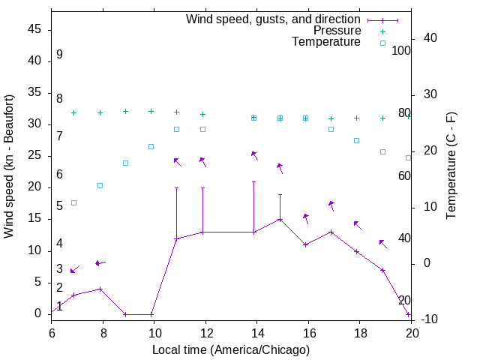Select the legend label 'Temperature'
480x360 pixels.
coord(326,43)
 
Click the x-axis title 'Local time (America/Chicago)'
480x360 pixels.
coord(231,350)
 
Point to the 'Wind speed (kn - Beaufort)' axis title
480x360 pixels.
coord(9,166)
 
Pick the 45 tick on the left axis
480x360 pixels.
coord(34,30)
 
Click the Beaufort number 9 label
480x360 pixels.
coord(59,55)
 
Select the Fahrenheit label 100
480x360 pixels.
coord(402,51)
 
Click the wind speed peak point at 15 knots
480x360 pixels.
coord(280,220)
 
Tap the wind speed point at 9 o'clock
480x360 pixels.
coord(125,314)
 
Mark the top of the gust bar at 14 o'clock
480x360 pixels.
coord(254,181)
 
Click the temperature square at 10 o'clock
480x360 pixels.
coord(151,146)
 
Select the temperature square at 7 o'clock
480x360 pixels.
coord(73,202)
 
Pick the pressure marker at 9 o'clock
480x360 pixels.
coord(125,111)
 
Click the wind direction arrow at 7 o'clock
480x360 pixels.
coord(74,269)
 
